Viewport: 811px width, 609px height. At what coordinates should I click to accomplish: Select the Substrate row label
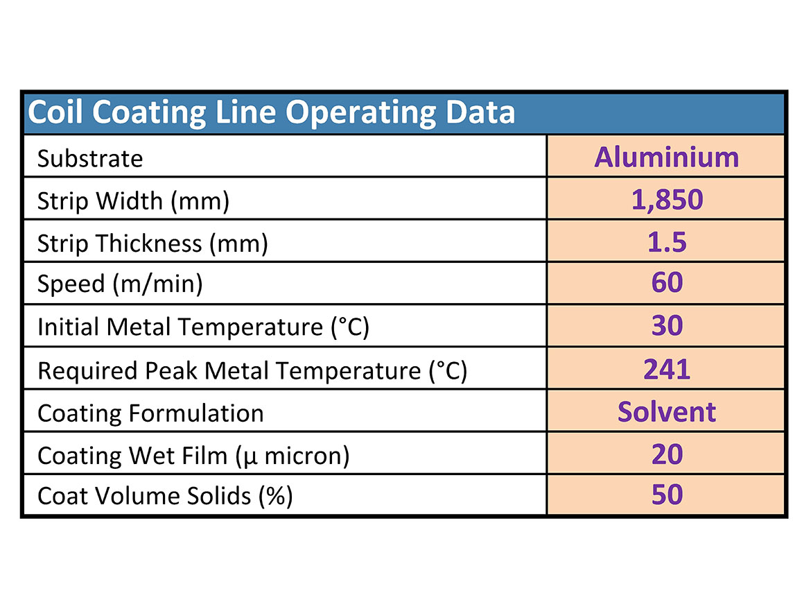[90, 159]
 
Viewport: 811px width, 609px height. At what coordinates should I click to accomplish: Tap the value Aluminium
[666, 157]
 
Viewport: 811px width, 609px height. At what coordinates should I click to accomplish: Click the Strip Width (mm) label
[133, 201]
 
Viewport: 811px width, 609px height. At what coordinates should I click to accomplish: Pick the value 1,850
[667, 200]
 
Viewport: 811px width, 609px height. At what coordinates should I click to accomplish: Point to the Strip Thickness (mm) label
[152, 243]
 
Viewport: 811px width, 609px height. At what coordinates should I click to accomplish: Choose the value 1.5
[667, 242]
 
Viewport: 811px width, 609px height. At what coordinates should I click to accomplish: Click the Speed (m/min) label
[120, 285]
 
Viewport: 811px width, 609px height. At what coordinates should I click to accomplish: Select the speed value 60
[667, 283]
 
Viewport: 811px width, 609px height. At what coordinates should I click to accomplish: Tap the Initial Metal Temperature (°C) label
[203, 327]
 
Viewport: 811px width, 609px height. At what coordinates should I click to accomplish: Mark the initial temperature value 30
[667, 325]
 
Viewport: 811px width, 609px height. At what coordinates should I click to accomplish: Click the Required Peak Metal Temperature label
[252, 371]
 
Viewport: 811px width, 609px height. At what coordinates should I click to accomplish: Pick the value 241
[667, 369]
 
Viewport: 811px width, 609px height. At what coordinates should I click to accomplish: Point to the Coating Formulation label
[150, 413]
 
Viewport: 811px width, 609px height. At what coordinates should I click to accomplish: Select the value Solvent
[666, 412]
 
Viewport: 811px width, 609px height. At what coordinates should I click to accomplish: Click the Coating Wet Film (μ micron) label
[193, 456]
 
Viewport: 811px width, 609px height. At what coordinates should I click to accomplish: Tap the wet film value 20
[667, 454]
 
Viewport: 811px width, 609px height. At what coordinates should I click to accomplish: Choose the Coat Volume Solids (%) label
[165, 496]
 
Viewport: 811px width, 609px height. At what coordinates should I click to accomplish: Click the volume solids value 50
[667, 495]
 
